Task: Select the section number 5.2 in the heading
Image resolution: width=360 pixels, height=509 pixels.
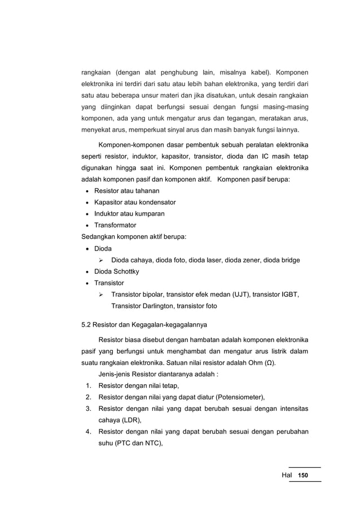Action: pyautogui.click(x=87, y=324)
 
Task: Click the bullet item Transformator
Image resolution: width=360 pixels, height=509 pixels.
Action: pyautogui.click(x=115, y=225)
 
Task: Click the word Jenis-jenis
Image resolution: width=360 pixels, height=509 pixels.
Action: pyautogui.click(x=116, y=374)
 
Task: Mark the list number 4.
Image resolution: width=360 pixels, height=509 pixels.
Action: pyautogui.click(x=89, y=432)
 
